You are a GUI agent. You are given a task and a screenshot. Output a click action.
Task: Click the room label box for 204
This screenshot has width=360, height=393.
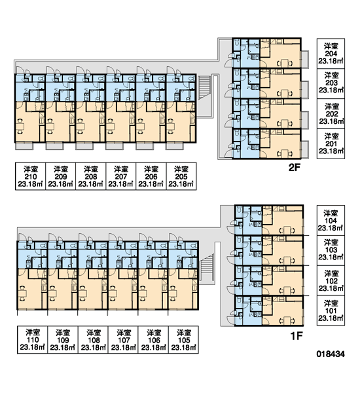coord(331,54)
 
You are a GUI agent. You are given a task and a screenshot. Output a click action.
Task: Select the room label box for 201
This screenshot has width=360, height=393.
coord(331,144)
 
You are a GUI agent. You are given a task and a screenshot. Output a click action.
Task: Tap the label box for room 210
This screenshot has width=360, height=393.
coord(30,176)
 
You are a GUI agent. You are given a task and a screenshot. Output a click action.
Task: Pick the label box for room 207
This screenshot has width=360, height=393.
coord(120,176)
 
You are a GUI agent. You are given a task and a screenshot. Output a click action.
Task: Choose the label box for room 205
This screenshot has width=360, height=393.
coord(181,176)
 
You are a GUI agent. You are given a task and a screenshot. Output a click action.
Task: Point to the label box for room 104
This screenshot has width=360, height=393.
coord(331,221)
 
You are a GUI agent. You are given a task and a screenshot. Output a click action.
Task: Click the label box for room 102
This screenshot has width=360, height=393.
coord(331,281)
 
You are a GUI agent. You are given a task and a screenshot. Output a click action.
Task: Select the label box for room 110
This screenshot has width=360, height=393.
coord(32,340)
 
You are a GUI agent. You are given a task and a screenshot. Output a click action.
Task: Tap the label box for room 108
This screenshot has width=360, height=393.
coord(93,340)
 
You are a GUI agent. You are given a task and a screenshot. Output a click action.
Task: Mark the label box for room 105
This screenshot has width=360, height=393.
coord(184,340)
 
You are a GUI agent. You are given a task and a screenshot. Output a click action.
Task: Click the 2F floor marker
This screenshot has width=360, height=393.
coord(294,168)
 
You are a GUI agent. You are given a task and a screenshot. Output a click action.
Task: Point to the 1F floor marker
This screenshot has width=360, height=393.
coord(297,336)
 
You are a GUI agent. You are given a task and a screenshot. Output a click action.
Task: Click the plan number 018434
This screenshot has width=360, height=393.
coord(331,354)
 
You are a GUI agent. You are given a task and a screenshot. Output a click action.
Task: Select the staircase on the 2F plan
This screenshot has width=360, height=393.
coord(204,88)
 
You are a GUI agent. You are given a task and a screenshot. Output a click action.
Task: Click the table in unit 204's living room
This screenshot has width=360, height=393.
coord(285,63)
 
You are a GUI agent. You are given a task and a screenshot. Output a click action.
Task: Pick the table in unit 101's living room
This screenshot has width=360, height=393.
coord(287,320)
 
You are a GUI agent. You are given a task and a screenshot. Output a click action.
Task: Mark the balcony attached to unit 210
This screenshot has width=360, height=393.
coord(25,146)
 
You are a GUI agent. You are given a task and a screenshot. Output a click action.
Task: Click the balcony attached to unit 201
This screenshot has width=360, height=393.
coord(305,149)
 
